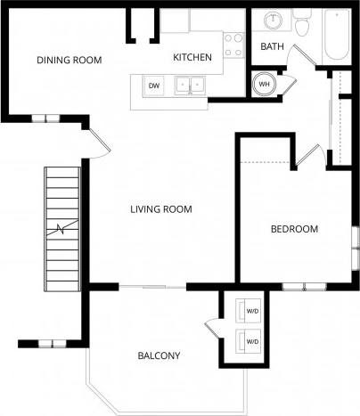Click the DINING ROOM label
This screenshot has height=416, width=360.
[69, 61]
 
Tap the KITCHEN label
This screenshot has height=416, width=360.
[192, 58]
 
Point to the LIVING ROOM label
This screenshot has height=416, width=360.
[161, 209]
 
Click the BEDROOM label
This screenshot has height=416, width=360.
[294, 229]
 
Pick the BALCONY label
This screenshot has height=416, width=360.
[159, 355]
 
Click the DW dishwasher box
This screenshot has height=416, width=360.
[154, 86]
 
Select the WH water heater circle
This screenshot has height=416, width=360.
[265, 86]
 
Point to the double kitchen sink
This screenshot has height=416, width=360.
[190, 86]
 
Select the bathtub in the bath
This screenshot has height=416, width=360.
[339, 36]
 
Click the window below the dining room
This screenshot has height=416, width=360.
[45, 118]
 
